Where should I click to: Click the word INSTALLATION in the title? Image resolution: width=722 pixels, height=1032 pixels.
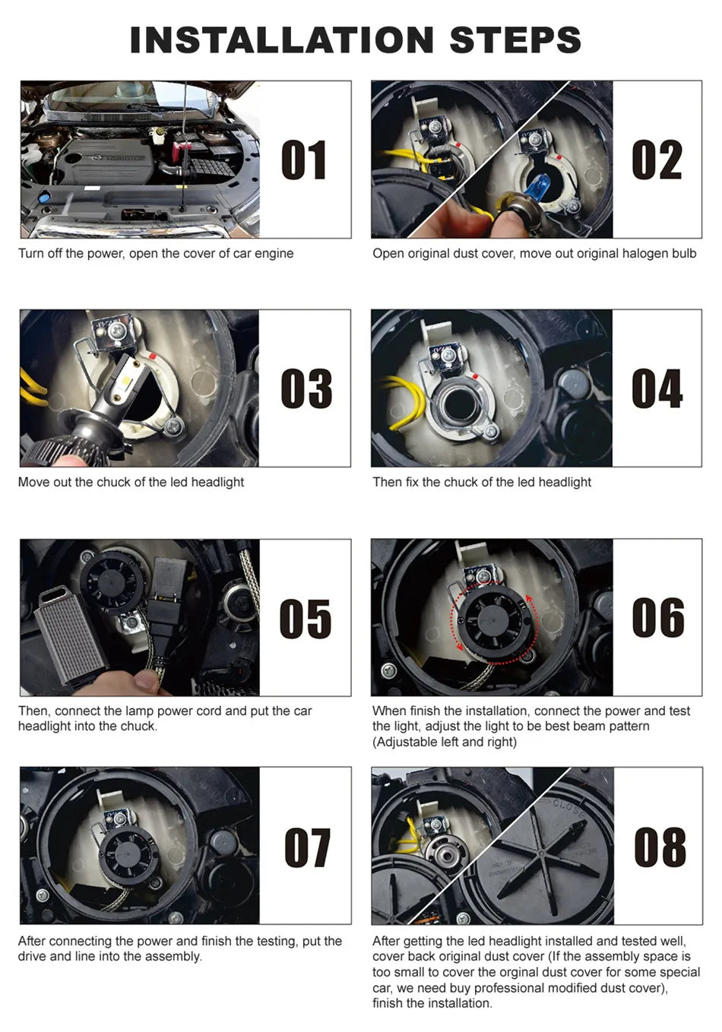pos(283,40)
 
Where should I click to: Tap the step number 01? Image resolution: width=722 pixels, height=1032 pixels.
pos(304,160)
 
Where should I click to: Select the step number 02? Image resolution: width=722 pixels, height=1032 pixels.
pos(657,160)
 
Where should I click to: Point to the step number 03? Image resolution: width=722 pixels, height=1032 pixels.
pos(306,388)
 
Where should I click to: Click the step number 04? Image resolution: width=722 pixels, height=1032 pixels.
pos(657,388)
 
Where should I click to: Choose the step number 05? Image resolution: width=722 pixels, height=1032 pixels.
pos(305,618)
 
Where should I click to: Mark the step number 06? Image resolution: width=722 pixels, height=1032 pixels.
pos(657,618)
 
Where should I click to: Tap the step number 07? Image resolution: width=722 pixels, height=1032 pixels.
pos(306,847)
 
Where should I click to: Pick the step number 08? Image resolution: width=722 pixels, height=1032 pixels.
pos(659,847)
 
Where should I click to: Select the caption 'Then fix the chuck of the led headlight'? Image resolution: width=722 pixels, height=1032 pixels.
pos(482,482)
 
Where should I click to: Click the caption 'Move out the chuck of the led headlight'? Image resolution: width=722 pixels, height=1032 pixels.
pos(131,482)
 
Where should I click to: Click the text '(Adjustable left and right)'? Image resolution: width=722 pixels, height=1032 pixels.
pos(445,742)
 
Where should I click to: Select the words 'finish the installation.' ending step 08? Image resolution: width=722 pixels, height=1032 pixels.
pos(432,1003)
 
